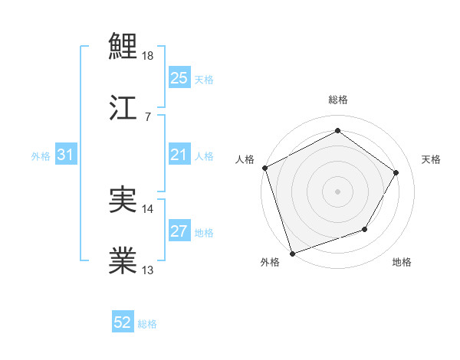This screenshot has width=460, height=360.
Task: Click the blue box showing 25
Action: [179, 78]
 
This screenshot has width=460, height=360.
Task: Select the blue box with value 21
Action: [179, 155]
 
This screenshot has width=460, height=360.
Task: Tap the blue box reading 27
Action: [179, 231]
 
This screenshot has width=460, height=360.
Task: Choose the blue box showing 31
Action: [66, 155]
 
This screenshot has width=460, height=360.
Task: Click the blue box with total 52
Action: [123, 323]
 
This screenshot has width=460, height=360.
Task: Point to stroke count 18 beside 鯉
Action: [149, 56]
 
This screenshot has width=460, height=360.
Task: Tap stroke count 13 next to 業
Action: [149, 270]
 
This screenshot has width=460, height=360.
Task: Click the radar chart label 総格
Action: [337, 100]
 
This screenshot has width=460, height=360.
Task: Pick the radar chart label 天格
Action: [431, 159]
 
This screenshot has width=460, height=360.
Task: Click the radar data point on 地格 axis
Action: [365, 229]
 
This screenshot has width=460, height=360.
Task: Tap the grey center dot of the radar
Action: [337, 191]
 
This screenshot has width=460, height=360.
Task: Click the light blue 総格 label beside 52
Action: [147, 324]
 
